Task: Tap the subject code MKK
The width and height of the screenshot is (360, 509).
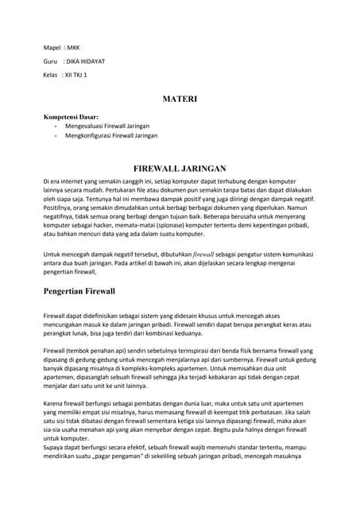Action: [x=73, y=46]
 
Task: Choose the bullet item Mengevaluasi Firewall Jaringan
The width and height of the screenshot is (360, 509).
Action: [x=107, y=126]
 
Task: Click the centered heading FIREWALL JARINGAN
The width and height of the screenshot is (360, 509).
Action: [x=180, y=169]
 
